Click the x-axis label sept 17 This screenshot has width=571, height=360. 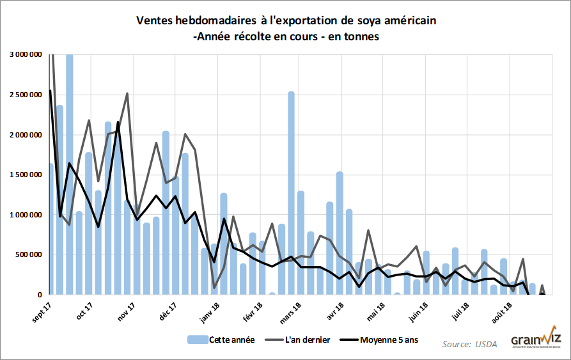[x=41, y=314]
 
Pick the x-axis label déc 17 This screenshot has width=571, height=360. [x=168, y=313]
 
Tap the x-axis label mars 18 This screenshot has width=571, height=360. [x=291, y=314]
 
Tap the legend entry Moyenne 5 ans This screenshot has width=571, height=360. [x=389, y=340]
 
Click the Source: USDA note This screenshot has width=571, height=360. [x=469, y=344]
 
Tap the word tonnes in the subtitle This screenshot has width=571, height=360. [x=359, y=36]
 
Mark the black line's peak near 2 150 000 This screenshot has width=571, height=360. [x=118, y=122]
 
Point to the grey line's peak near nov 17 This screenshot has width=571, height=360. [x=127, y=94]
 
